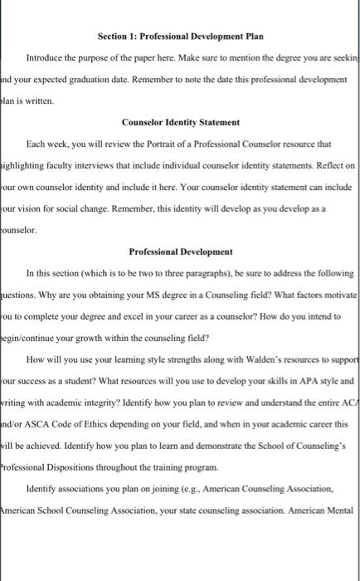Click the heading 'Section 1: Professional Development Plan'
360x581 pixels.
click(x=180, y=37)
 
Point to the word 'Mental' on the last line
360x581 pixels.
click(x=339, y=510)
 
